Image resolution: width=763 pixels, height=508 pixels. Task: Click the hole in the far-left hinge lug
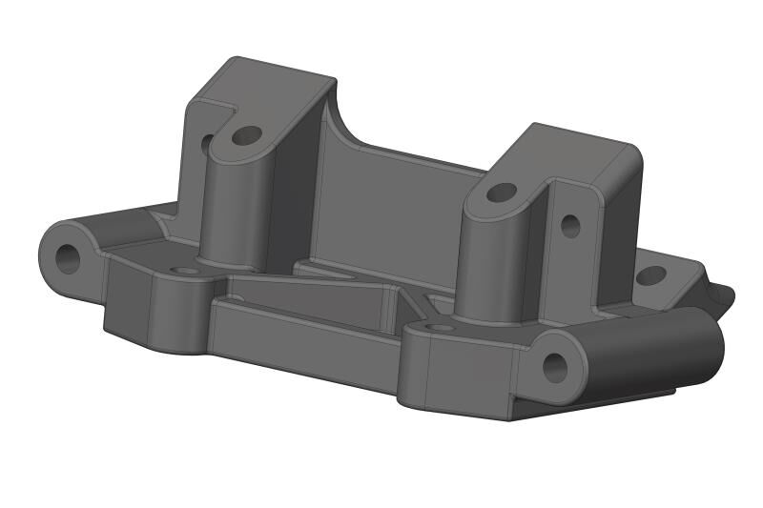click(68, 256)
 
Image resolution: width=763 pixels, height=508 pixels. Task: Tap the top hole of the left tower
click(246, 135)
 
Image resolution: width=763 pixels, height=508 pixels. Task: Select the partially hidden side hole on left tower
click(207, 144)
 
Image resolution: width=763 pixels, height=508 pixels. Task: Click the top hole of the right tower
click(501, 193)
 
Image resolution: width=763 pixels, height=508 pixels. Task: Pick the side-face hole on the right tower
click(570, 226)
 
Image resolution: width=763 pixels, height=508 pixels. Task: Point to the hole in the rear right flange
click(650, 276)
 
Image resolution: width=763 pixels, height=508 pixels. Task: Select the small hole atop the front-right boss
click(440, 328)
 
